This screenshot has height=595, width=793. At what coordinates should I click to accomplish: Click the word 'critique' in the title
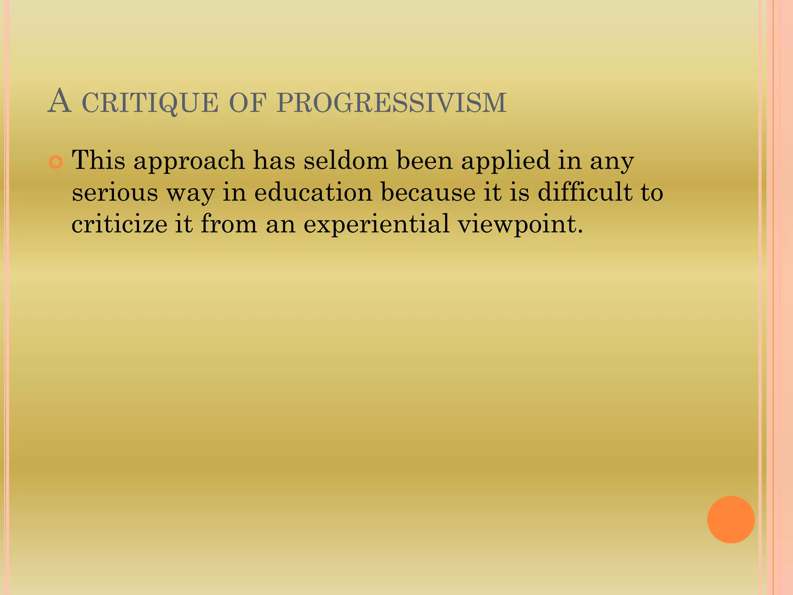pyautogui.click(x=150, y=103)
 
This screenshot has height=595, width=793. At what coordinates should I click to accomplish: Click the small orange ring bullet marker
pyautogui.click(x=56, y=163)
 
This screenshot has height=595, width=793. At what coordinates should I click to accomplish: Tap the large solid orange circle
pyautogui.click(x=731, y=519)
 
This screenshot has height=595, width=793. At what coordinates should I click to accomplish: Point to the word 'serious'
pyautogui.click(x=115, y=193)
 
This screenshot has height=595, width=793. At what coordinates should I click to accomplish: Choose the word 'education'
pyautogui.click(x=313, y=192)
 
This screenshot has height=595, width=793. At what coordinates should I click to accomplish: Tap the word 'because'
pyautogui.click(x=428, y=192)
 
